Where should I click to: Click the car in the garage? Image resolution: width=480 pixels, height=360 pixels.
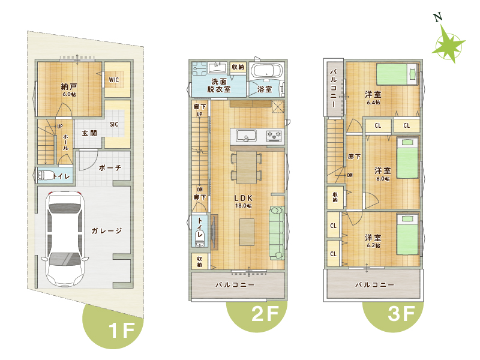pyautogui.click(x=65, y=239)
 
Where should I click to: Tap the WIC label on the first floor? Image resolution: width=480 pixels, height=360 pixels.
pyautogui.click(x=114, y=80)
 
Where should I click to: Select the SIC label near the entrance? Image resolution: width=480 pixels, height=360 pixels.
pyautogui.click(x=114, y=124)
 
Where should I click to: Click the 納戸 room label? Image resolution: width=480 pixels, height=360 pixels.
pyautogui.click(x=69, y=86)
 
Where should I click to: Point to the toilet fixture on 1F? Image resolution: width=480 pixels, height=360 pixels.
pyautogui.click(x=44, y=176)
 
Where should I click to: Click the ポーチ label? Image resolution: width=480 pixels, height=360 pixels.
pyautogui.click(x=110, y=168)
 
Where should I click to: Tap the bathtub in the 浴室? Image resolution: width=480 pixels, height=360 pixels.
pyautogui.click(x=266, y=71)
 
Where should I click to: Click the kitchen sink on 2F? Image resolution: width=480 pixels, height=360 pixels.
pyautogui.click(x=246, y=136)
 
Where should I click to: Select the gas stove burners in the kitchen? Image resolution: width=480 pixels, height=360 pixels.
pyautogui.click(x=274, y=136)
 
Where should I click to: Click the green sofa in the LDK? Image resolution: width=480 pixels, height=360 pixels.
pyautogui.click(x=277, y=233)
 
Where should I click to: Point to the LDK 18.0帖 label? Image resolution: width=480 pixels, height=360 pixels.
pyautogui.click(x=244, y=202)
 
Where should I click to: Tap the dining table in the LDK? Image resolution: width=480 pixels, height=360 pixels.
pyautogui.click(x=247, y=167)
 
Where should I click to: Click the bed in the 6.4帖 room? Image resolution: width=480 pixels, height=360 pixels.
pyautogui.click(x=397, y=74)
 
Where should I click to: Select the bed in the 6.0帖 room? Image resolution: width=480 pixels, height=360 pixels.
pyautogui.click(x=407, y=158)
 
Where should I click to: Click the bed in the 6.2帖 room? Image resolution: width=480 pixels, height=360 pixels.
pyautogui.click(x=407, y=235)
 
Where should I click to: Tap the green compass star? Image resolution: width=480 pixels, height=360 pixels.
pyautogui.click(x=448, y=44)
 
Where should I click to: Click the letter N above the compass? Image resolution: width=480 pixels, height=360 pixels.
pyautogui.click(x=438, y=17)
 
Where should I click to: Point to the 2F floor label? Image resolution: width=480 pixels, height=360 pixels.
pyautogui.click(x=265, y=314)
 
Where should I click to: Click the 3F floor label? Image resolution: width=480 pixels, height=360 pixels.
pyautogui.click(x=401, y=314)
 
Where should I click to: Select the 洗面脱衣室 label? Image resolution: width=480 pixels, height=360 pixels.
pyautogui.click(x=219, y=85)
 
